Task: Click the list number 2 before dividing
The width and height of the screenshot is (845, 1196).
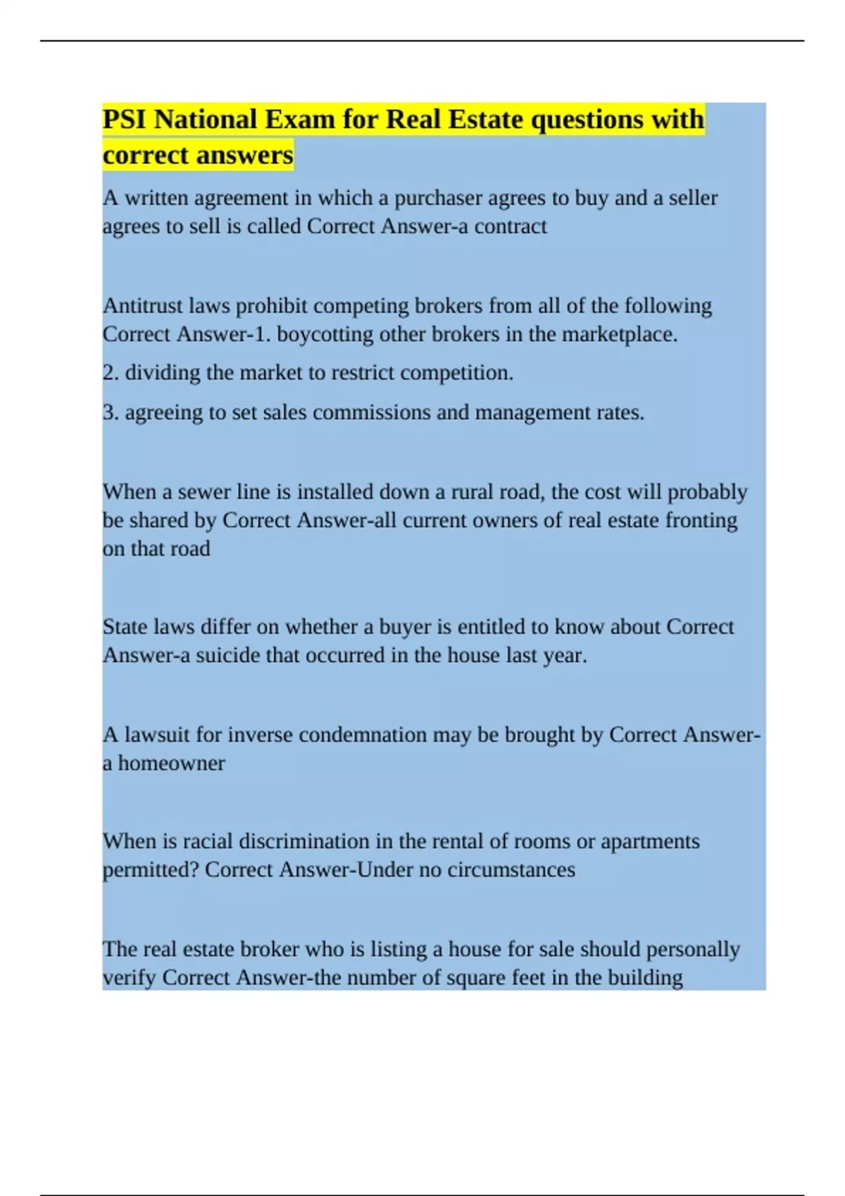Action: coord(109,373)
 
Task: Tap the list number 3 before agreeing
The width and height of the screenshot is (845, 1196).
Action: coord(109,412)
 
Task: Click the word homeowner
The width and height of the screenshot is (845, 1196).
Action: coord(171,763)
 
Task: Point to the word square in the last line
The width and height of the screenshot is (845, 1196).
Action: coord(459,979)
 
